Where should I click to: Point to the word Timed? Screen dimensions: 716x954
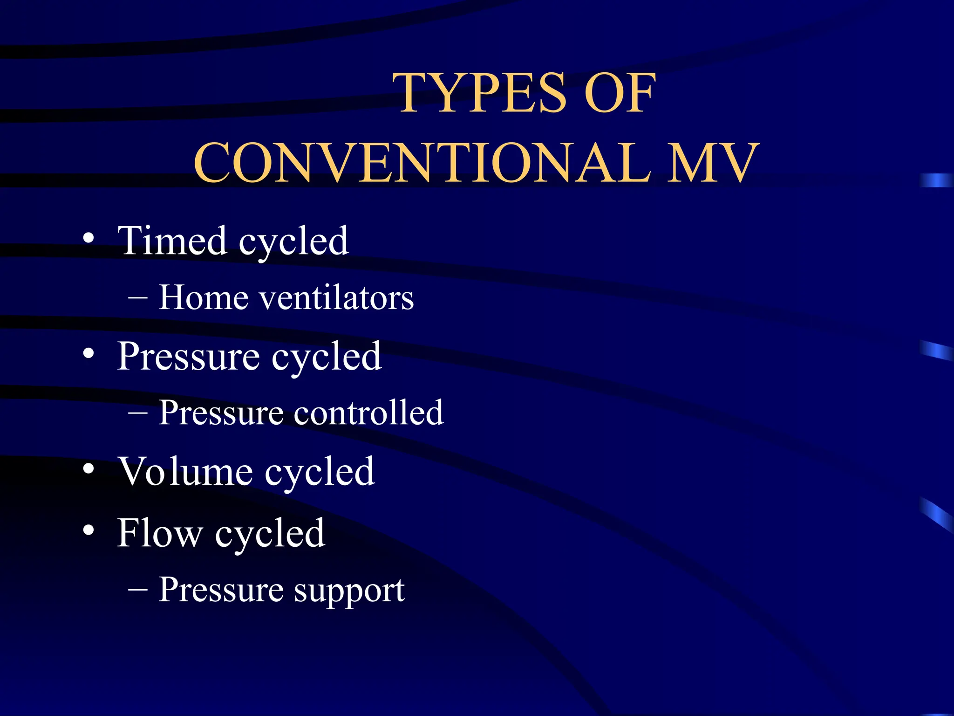click(x=172, y=241)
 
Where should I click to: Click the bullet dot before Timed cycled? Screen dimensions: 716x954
click(x=89, y=239)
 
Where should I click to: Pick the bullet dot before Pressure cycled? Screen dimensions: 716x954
click(x=89, y=354)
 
